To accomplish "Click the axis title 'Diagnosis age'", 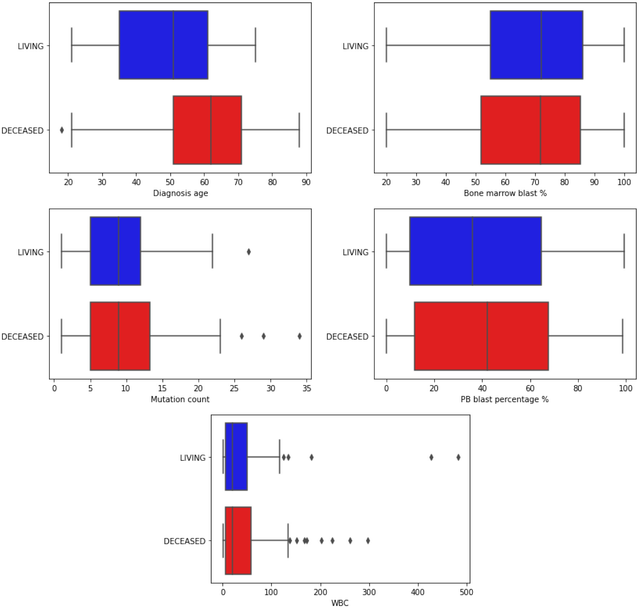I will point(180,193).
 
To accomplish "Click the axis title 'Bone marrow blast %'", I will point(505,193).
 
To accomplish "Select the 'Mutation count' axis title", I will point(180,399).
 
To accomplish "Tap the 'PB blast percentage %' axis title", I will point(504,399).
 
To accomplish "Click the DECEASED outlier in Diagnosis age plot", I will point(62,130).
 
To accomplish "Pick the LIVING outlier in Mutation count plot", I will point(248,252).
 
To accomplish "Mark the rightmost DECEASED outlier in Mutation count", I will point(299,336).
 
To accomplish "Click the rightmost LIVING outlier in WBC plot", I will point(458,457).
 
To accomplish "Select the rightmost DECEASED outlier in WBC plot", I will point(368,541).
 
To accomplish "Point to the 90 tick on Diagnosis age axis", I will point(306,182).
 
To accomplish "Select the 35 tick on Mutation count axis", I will point(307,388).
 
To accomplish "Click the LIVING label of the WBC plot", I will point(193,458).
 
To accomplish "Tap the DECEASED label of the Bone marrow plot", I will point(347,131).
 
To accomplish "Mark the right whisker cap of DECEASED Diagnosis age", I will point(299,130).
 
